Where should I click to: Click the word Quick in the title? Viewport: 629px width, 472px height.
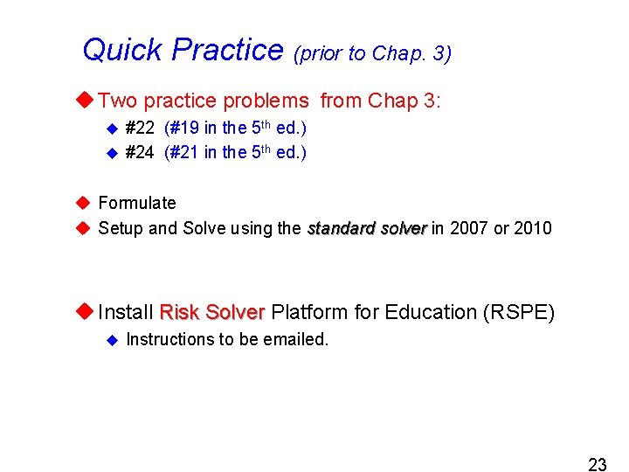click(123, 50)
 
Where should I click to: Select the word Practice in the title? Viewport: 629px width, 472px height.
click(227, 50)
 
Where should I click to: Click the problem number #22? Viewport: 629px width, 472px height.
click(140, 128)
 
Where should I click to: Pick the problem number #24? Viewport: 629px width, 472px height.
click(140, 153)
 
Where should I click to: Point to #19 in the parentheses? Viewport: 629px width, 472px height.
click(183, 128)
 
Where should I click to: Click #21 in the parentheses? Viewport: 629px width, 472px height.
click(183, 153)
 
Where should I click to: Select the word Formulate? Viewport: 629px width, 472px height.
click(137, 203)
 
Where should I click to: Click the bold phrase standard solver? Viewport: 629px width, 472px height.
click(367, 228)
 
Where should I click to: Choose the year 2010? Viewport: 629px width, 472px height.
click(533, 228)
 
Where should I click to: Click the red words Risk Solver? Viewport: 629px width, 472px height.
click(212, 312)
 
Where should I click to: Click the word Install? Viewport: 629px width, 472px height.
click(127, 312)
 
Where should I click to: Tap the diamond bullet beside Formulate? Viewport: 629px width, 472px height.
click(83, 203)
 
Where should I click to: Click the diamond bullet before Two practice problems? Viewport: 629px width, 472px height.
click(85, 101)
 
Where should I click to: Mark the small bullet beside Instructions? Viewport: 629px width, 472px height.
click(111, 339)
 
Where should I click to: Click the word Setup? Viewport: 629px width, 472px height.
click(120, 228)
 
